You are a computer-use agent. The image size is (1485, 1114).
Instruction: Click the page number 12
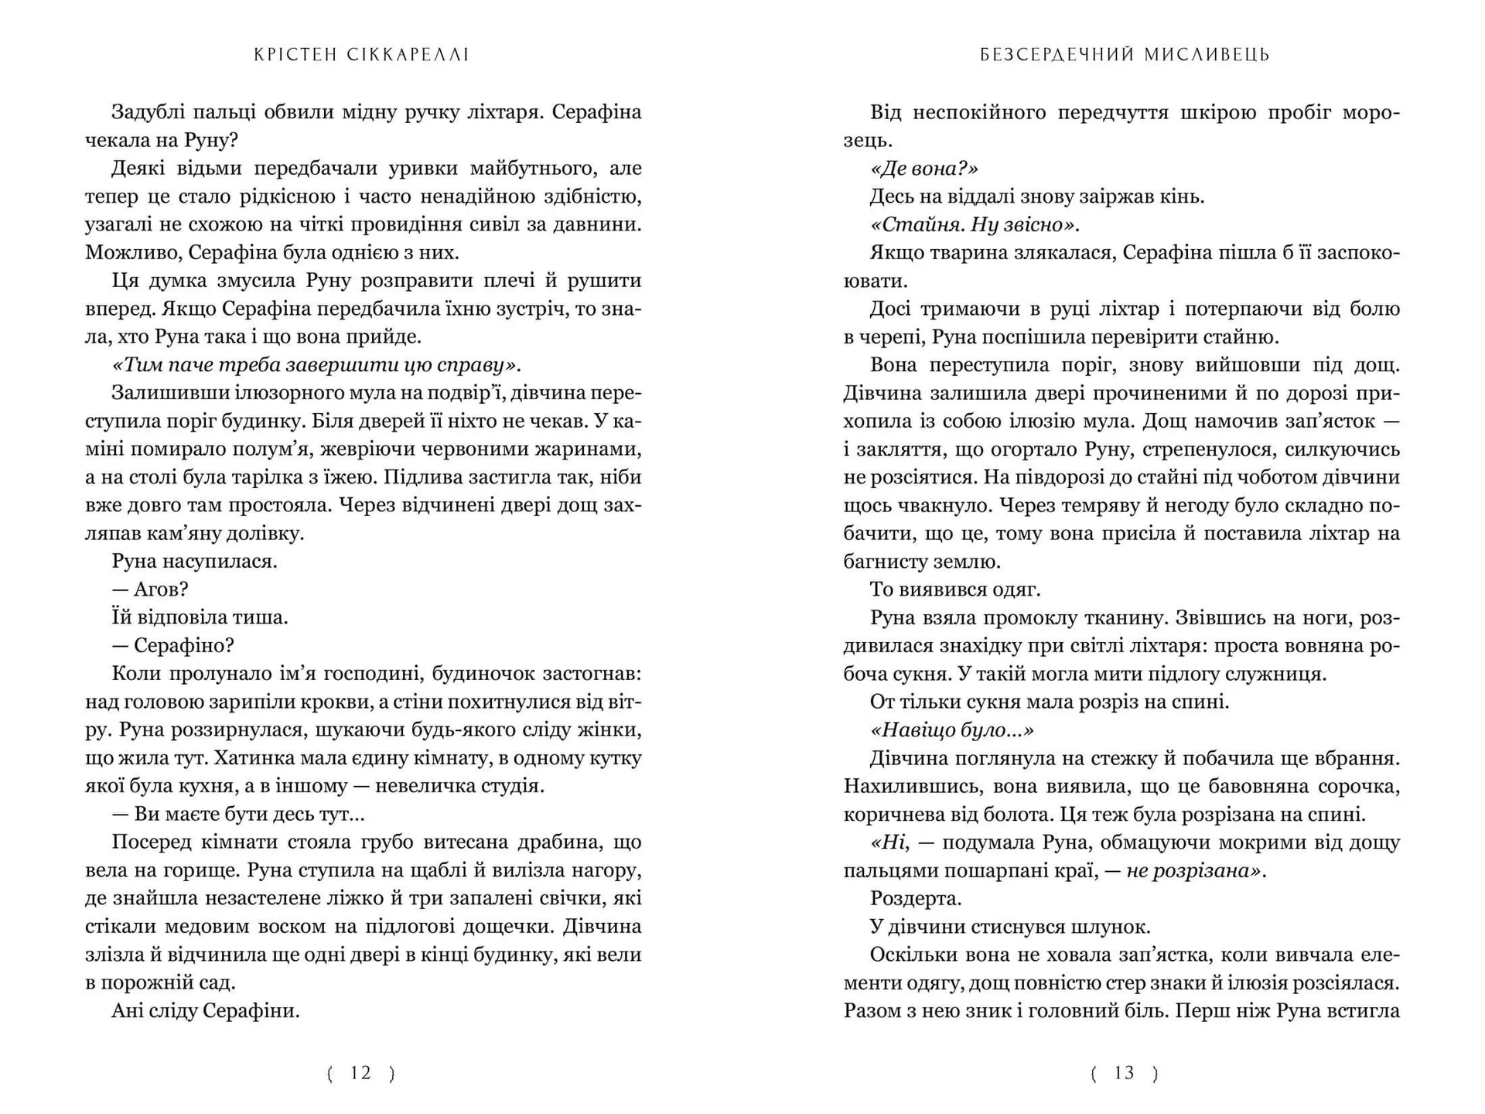pyautogui.click(x=361, y=1073)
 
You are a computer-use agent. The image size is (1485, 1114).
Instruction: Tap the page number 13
pyautogui.click(x=1124, y=1073)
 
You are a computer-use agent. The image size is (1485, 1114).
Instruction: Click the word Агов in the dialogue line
pyautogui.click(x=160, y=589)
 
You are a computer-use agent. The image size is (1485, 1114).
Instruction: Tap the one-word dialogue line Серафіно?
pyautogui.click(x=183, y=645)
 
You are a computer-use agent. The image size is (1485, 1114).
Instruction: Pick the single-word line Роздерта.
pyautogui.click(x=916, y=898)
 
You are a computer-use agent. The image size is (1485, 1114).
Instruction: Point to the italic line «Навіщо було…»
pyautogui.click(x=952, y=730)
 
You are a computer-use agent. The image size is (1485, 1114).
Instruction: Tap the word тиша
pyautogui.click(x=261, y=617)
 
